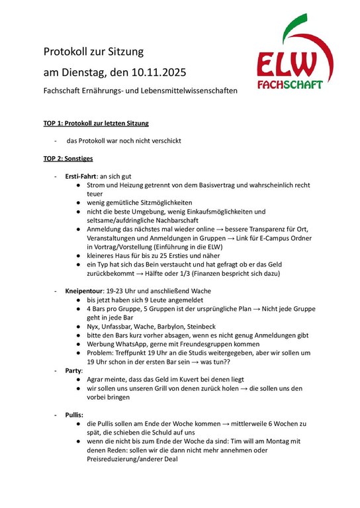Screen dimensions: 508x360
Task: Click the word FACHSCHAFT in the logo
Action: (290, 85)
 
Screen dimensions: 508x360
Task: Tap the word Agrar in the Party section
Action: (97, 380)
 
